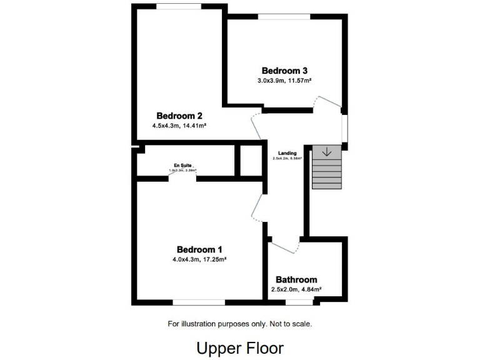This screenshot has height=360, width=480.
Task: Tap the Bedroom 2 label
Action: [x=179, y=116]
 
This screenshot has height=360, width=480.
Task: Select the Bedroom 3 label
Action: [x=284, y=71]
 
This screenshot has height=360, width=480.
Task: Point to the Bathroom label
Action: [x=296, y=279]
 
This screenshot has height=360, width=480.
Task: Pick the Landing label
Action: [x=287, y=153]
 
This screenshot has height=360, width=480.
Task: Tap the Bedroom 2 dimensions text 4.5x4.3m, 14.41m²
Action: [x=179, y=126]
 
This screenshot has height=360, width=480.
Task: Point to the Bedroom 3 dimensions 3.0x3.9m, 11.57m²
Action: [x=284, y=81]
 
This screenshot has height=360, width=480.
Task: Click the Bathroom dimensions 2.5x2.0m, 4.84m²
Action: [x=296, y=289]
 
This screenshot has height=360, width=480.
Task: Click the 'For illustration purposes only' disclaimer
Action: [x=240, y=324]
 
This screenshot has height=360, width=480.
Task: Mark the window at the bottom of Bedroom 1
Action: [x=199, y=302]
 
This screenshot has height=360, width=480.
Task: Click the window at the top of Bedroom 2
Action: [x=179, y=6]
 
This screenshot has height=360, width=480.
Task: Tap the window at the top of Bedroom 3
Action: [x=284, y=17]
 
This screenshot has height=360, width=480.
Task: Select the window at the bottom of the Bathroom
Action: [x=299, y=302]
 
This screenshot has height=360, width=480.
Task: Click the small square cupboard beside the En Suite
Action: [x=251, y=161]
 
